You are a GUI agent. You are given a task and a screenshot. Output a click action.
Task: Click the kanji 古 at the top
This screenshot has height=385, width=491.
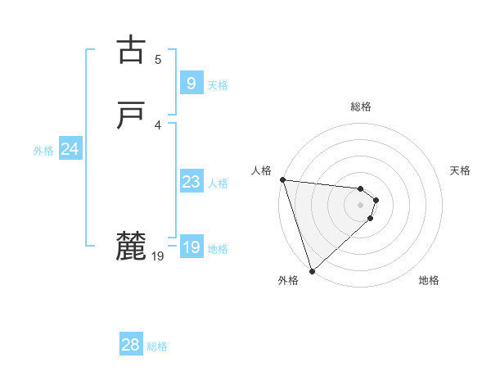pyautogui.click(x=130, y=50)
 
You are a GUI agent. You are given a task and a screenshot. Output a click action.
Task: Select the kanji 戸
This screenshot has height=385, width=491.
pyautogui.click(x=130, y=116)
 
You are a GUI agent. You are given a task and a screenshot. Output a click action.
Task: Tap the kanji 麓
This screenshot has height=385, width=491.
pyautogui.click(x=130, y=246)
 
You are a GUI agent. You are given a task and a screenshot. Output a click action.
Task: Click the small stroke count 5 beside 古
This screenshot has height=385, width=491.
pyautogui.click(x=158, y=59)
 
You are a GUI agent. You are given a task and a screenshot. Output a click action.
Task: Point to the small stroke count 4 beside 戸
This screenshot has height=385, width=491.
pyautogui.click(x=158, y=125)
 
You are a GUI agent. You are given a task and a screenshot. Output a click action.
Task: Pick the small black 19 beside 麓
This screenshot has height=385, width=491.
pyautogui.click(x=158, y=256)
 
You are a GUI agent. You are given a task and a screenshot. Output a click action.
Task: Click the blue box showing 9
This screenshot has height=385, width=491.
pyautogui.click(x=191, y=84)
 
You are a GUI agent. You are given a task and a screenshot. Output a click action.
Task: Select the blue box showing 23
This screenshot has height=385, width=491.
pyautogui.click(x=191, y=182)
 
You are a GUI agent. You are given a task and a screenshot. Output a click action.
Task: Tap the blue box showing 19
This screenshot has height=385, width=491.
pyautogui.click(x=191, y=247)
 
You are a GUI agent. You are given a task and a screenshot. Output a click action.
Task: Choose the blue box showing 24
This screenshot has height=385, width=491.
pyautogui.click(x=70, y=149)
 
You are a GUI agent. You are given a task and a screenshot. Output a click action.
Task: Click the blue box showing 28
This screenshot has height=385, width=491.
pyautogui.click(x=131, y=345)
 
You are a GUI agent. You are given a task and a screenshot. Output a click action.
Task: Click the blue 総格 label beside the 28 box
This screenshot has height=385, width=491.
pyautogui.click(x=157, y=346)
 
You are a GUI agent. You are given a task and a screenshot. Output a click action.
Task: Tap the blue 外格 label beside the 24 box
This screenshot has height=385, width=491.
pyautogui.click(x=43, y=151)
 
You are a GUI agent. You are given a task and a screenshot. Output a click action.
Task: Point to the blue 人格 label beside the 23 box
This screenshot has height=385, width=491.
pyautogui.click(x=218, y=183)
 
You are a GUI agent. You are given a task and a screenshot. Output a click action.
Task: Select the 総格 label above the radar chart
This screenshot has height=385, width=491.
pyautogui.click(x=361, y=106)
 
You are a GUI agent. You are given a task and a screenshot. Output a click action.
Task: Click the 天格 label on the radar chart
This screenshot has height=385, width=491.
pyautogui.click(x=461, y=170)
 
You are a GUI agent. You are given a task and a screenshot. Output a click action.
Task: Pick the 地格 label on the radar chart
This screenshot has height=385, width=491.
pyautogui.click(x=429, y=281)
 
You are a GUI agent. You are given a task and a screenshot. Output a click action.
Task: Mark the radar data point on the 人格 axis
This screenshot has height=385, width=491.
pyautogui.click(x=282, y=179)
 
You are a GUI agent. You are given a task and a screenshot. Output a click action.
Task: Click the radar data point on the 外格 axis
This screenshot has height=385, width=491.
pyautogui.click(x=312, y=269)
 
